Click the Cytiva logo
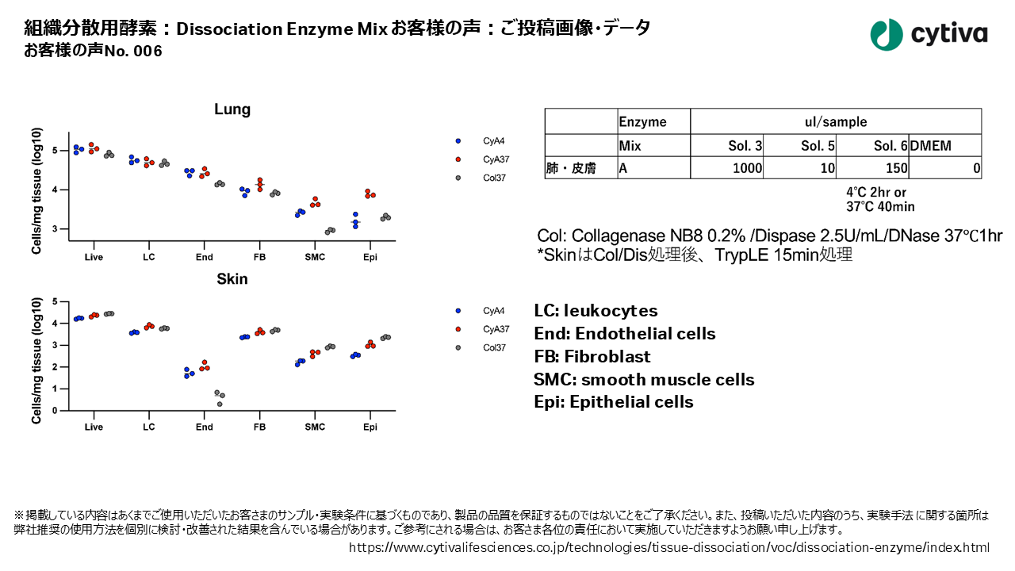[x=929, y=34]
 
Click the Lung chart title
[x=232, y=110]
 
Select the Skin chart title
[x=232, y=279]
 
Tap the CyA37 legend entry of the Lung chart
[x=496, y=159]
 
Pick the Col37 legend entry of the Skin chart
[x=496, y=347]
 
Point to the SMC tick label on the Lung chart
[x=315, y=257]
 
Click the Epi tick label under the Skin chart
[x=370, y=427]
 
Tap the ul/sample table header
[x=835, y=122]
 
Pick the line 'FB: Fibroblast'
[x=592, y=356]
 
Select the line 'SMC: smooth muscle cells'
[x=644, y=379]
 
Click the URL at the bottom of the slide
[x=669, y=548]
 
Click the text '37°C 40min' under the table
[x=879, y=207]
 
